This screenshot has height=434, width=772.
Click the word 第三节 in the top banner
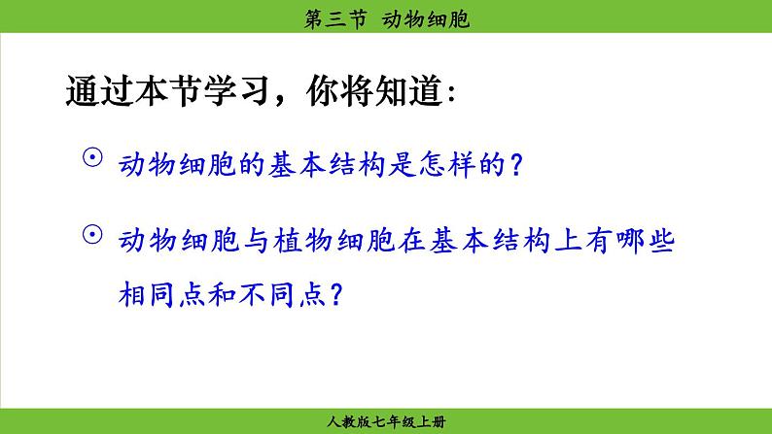(x=335, y=19)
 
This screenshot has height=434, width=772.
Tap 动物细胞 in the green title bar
(x=426, y=19)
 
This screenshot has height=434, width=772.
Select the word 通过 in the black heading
(x=100, y=91)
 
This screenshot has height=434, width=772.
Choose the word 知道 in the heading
(x=408, y=91)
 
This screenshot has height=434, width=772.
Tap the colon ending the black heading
(x=452, y=93)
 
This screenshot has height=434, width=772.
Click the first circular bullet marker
(x=92, y=157)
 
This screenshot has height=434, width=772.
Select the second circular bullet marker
(x=92, y=234)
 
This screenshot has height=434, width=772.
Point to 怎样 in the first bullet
(x=447, y=164)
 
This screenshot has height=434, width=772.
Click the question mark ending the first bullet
(x=516, y=164)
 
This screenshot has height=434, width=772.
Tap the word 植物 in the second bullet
(x=302, y=241)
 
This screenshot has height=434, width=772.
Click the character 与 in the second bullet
(x=257, y=241)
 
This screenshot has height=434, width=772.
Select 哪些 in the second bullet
(x=646, y=241)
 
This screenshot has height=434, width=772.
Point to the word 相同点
(x=161, y=295)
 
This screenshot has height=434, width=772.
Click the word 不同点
(x=282, y=295)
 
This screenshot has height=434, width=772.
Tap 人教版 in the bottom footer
(x=349, y=421)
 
